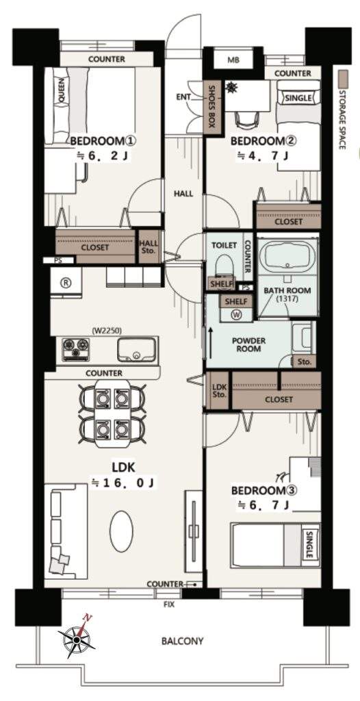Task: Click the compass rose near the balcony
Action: coord(77,640)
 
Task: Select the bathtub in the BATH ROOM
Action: coord(286,259)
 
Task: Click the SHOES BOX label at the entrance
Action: coord(211,107)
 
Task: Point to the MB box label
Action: coord(233,60)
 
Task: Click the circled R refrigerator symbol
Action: coord(66,283)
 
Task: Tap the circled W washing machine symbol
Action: coord(236,315)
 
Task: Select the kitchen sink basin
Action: coord(137,348)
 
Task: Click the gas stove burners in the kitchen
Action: coord(75,348)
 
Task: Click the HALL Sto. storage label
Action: coord(149,246)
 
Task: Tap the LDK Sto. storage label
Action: coord(220,391)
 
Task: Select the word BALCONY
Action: coord(183,641)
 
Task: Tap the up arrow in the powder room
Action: coord(209,342)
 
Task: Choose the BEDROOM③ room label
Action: coord(264,490)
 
